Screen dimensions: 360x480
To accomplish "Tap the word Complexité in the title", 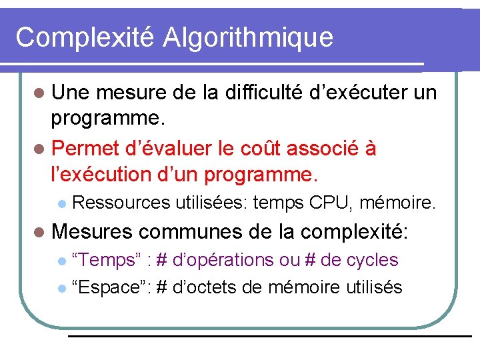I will pos(85,37).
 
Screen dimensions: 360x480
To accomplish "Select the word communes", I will pos(191,231).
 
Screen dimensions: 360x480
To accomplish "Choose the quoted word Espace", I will pos(110,287).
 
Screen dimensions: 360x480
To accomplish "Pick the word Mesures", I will pos(93,231).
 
